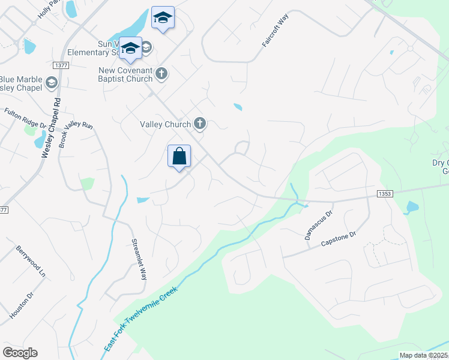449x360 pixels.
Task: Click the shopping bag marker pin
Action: pyautogui.click(x=179, y=157)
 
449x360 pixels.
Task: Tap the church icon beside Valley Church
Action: pyautogui.click(x=200, y=124)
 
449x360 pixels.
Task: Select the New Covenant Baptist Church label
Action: pyautogui.click(x=125, y=75)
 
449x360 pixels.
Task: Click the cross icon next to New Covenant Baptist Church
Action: pyautogui.click(x=160, y=74)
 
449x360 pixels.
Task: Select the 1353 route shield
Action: pyautogui.click(x=385, y=194)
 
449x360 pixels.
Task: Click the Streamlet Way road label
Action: pyautogui.click(x=139, y=260)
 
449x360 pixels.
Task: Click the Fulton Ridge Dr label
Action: pyautogui.click(x=25, y=118)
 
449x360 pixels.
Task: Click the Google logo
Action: pyautogui.click(x=20, y=353)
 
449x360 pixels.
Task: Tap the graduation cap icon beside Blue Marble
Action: pyautogui.click(x=51, y=82)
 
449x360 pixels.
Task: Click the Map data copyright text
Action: pyautogui.click(x=423, y=355)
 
